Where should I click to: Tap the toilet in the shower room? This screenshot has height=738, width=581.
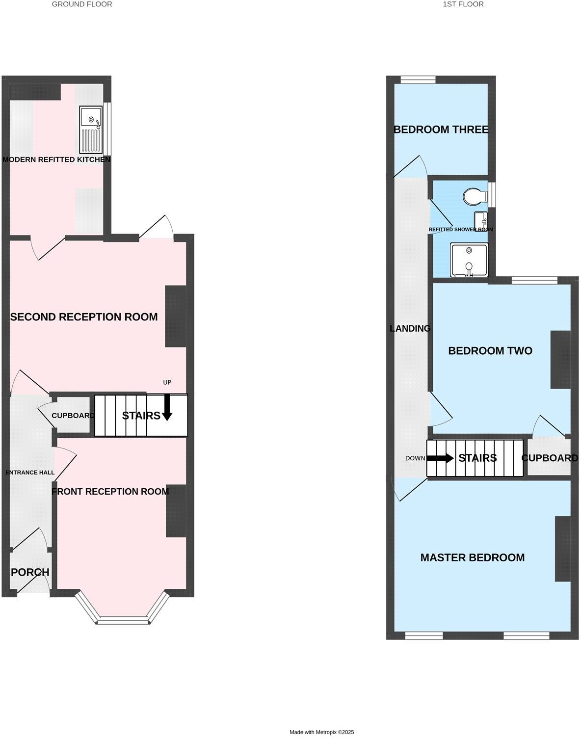coord(474,196)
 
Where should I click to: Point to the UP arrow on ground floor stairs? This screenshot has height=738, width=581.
coord(167,407)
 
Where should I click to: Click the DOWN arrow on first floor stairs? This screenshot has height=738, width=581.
coord(440,458)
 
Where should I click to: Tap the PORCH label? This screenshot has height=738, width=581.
coord(30,572)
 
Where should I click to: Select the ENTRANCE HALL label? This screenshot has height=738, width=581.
coord(30,473)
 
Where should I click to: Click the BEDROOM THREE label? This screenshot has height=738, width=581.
coord(441,130)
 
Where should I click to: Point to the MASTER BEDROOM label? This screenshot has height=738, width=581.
coord(472,557)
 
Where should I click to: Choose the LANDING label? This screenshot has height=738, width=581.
coord(410,329)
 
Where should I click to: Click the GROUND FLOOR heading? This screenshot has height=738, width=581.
coord(82,4)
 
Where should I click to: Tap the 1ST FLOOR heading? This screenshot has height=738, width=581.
coord(463,4)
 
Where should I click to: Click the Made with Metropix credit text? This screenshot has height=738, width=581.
coord(321,732)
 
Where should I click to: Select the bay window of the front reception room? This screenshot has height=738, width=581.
coord(123,620)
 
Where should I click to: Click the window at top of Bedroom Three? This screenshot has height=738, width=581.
coord(418,79)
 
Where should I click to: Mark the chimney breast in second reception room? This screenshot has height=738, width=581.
coord(175,316)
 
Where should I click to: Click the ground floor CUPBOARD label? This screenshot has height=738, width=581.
coord(73,416)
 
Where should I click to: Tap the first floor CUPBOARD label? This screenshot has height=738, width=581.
coord(549,458)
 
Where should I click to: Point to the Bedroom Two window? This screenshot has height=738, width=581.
coord(534,281)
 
